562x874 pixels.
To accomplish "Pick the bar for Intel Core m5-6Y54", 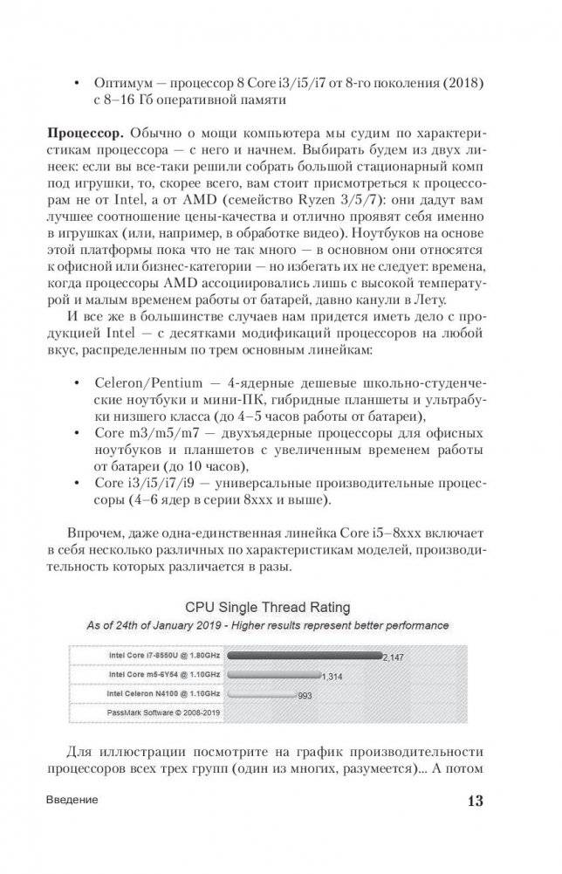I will coord(277,674).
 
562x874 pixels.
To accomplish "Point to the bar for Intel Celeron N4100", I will coord(262,694).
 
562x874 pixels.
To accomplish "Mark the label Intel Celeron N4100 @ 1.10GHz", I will coord(151,694).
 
